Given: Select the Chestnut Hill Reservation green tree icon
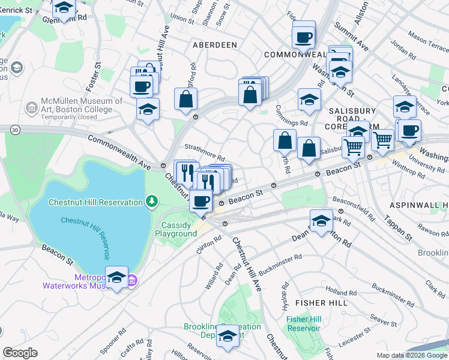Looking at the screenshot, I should click(x=153, y=201).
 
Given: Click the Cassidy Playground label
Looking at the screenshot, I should click(x=176, y=229).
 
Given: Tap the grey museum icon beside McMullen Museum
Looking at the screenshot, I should click(x=31, y=107).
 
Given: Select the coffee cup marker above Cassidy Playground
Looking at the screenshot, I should click(x=200, y=201).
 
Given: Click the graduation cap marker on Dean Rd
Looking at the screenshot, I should click(x=321, y=221).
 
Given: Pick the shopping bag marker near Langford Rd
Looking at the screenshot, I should click(x=186, y=99).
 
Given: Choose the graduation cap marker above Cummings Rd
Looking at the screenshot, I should click(x=309, y=100).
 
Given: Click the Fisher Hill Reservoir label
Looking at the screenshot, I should click(x=306, y=323).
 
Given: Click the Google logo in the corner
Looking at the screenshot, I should click(x=20, y=353).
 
